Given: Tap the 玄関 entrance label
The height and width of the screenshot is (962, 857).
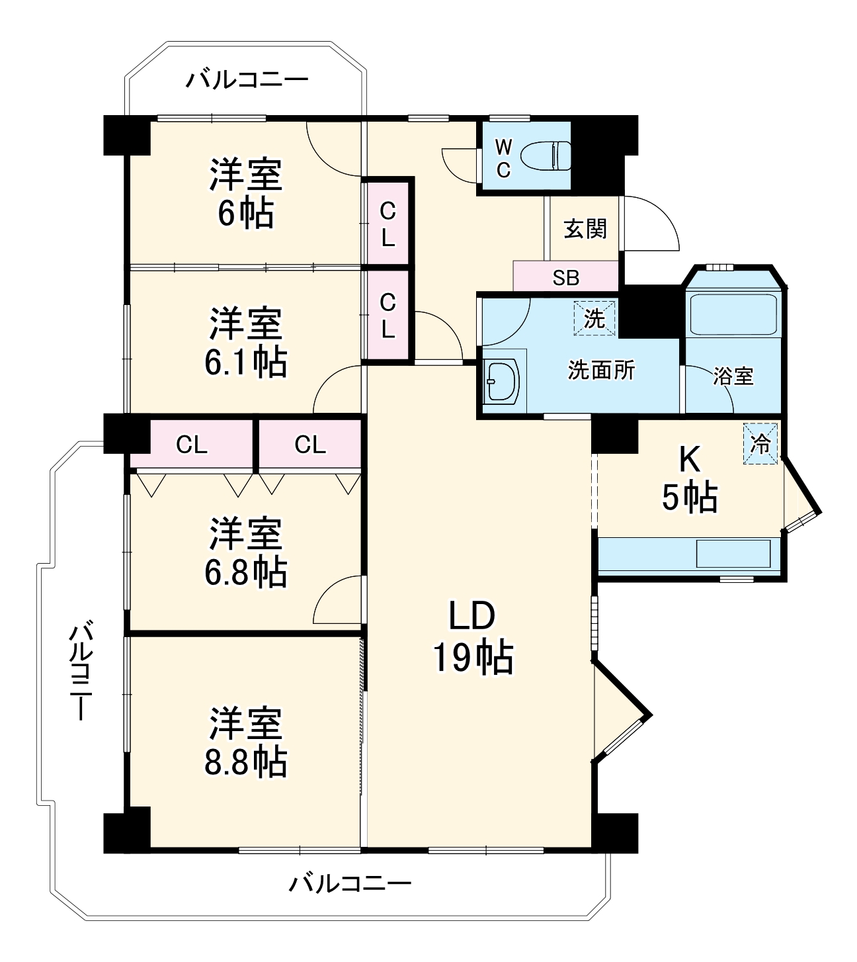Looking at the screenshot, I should click(x=585, y=229).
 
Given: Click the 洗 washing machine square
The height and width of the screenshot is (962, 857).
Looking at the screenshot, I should click(x=594, y=318).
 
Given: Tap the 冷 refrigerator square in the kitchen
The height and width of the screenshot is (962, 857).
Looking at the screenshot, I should click(x=761, y=443).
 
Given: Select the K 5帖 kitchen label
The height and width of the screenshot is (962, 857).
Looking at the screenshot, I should click(x=690, y=479).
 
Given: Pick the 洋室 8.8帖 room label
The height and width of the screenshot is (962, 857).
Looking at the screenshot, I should click(x=245, y=742).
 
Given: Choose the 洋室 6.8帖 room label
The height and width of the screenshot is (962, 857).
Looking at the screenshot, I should click(x=245, y=552).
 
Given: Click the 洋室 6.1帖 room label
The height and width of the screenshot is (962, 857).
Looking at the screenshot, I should click(x=245, y=343).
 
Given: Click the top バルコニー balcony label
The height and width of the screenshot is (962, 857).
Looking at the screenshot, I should click(x=247, y=81).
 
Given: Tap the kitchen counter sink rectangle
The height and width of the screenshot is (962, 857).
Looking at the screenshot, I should click(x=733, y=554).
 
